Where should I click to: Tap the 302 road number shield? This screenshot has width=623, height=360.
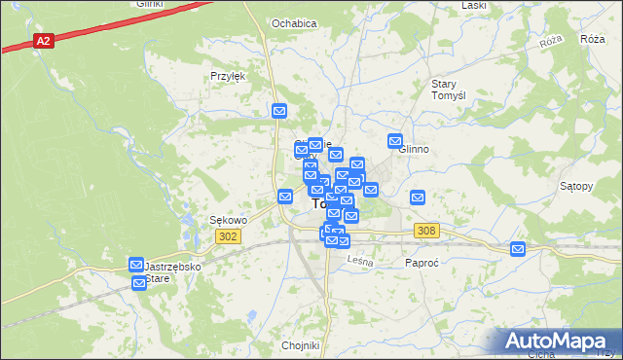[228, 236]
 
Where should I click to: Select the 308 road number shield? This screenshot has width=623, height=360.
[425, 231]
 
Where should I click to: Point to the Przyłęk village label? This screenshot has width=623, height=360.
[225, 76]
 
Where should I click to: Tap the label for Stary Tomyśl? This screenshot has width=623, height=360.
[451, 90]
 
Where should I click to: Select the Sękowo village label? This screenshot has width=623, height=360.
[229, 220]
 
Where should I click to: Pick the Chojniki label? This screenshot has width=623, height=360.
[300, 345]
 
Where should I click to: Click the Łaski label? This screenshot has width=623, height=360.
[474, 5]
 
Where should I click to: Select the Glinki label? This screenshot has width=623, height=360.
[150, 4]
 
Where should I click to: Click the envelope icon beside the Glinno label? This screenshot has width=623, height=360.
[395, 140]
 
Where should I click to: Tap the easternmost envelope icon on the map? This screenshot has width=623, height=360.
[518, 250]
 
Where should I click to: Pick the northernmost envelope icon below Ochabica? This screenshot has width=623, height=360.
[279, 112]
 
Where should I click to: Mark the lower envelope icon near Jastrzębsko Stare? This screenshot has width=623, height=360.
[139, 282]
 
